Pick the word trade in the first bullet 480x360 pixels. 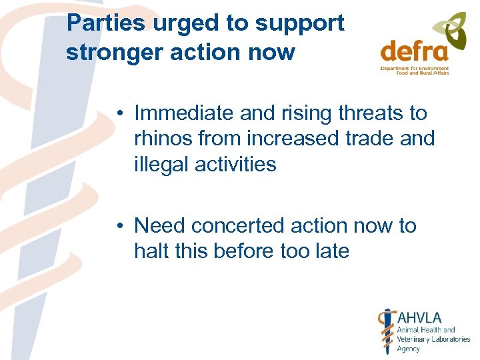click(x=365, y=139)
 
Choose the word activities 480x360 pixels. click(x=235, y=164)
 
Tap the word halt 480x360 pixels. click(x=150, y=251)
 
